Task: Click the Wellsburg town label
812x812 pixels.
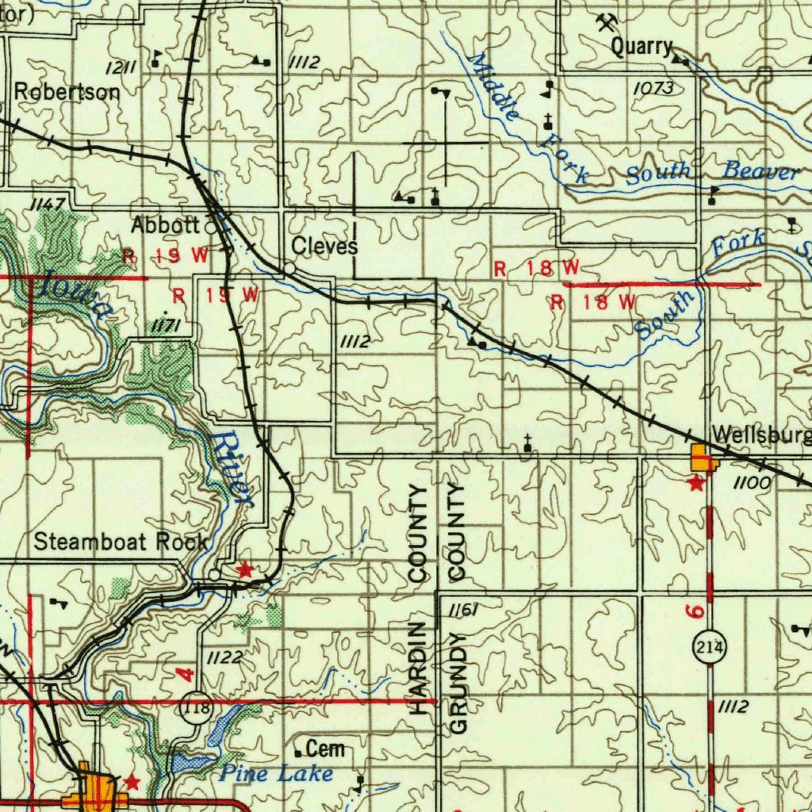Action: [x=760, y=435]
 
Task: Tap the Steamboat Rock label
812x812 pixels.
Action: [x=121, y=542]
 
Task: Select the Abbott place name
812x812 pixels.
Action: [x=164, y=225]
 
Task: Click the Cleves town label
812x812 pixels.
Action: [x=324, y=246]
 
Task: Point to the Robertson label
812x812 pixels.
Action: [x=67, y=92]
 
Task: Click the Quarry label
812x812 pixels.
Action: [x=641, y=47]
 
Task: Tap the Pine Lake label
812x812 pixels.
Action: [x=276, y=773]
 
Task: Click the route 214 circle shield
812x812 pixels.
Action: [x=710, y=647]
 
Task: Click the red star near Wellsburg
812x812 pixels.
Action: [x=695, y=483]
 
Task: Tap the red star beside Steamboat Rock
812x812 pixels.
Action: [x=245, y=569]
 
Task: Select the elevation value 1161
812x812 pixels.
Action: [x=463, y=610]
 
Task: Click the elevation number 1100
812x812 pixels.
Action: [x=751, y=482]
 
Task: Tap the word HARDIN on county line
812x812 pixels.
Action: [x=418, y=670]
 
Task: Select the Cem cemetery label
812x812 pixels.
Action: [x=325, y=748]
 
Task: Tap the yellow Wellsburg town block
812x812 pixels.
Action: [x=702, y=458]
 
